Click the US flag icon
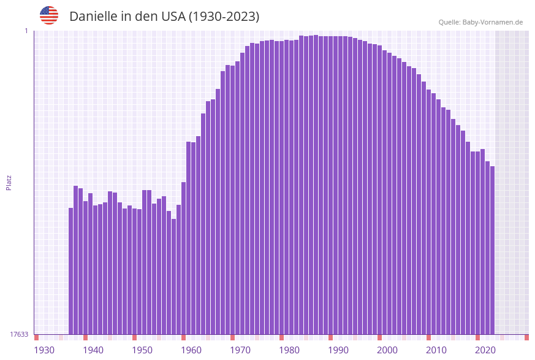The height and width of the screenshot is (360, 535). click(49, 15)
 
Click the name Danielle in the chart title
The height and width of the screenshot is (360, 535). click(93, 17)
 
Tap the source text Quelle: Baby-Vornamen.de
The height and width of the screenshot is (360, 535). click(480, 22)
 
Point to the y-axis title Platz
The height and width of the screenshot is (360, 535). click(9, 182)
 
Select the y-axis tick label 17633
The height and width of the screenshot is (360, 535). click(19, 334)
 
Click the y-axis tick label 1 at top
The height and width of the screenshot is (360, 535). click(26, 31)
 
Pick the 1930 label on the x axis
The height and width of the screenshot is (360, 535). click(44, 350)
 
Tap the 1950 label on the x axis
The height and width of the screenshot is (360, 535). click(142, 350)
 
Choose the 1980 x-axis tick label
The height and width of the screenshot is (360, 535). click(289, 350)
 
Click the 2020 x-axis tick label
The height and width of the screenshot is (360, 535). click(485, 350)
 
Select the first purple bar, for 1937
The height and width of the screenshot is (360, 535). click(71, 270)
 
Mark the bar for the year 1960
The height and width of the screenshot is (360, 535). click(184, 258)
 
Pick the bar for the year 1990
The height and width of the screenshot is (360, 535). click(331, 184)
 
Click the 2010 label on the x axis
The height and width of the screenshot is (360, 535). click(436, 350)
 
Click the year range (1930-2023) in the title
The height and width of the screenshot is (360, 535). click(224, 17)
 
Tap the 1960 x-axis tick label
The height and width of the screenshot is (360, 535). click(191, 350)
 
